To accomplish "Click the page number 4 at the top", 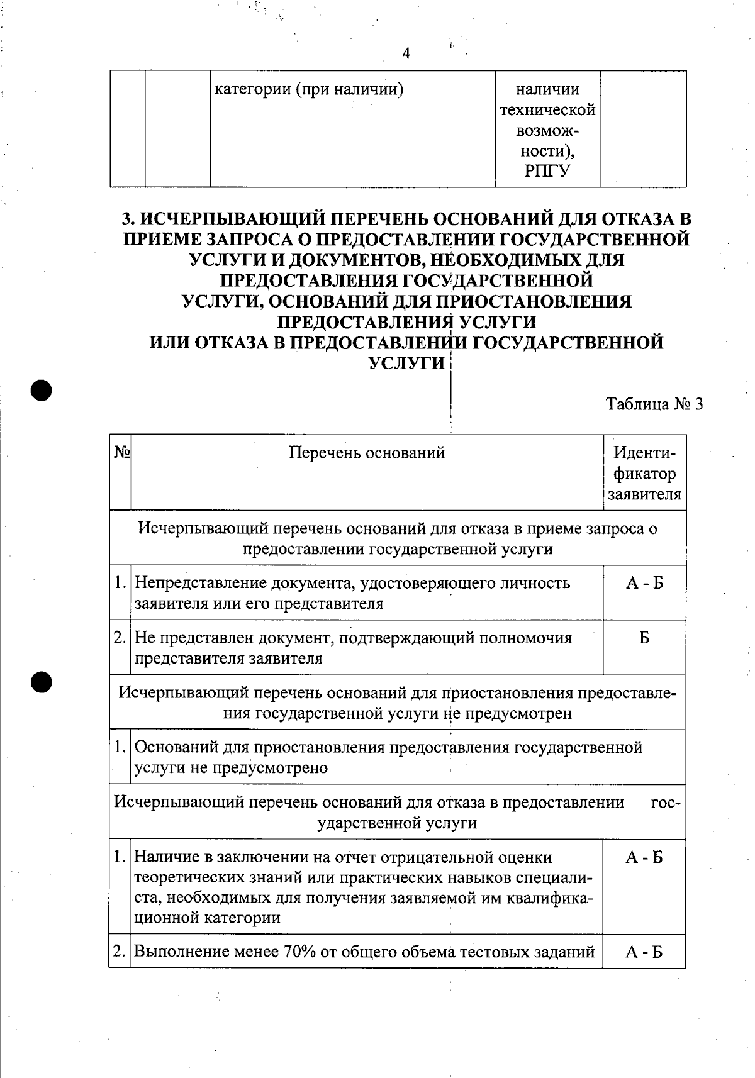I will [406, 53].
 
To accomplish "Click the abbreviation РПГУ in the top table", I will [547, 171].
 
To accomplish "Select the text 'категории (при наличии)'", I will [309, 89].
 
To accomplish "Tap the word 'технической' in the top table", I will [547, 110].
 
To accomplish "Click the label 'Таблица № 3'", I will [654, 403].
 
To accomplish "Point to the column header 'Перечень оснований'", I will [367, 453].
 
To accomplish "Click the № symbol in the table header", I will [122, 453].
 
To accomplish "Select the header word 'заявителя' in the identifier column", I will [645, 494].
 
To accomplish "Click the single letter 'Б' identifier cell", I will [644, 638].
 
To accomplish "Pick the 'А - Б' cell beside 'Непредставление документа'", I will [644, 583].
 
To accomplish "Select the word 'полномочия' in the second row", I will [525, 638].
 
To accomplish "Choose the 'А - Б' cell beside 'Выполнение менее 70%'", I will [644, 952].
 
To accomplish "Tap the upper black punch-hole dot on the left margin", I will [41, 390].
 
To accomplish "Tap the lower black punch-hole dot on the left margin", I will [41, 682].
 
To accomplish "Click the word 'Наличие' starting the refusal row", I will [165, 857].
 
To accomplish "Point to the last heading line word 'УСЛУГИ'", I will [406, 364].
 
